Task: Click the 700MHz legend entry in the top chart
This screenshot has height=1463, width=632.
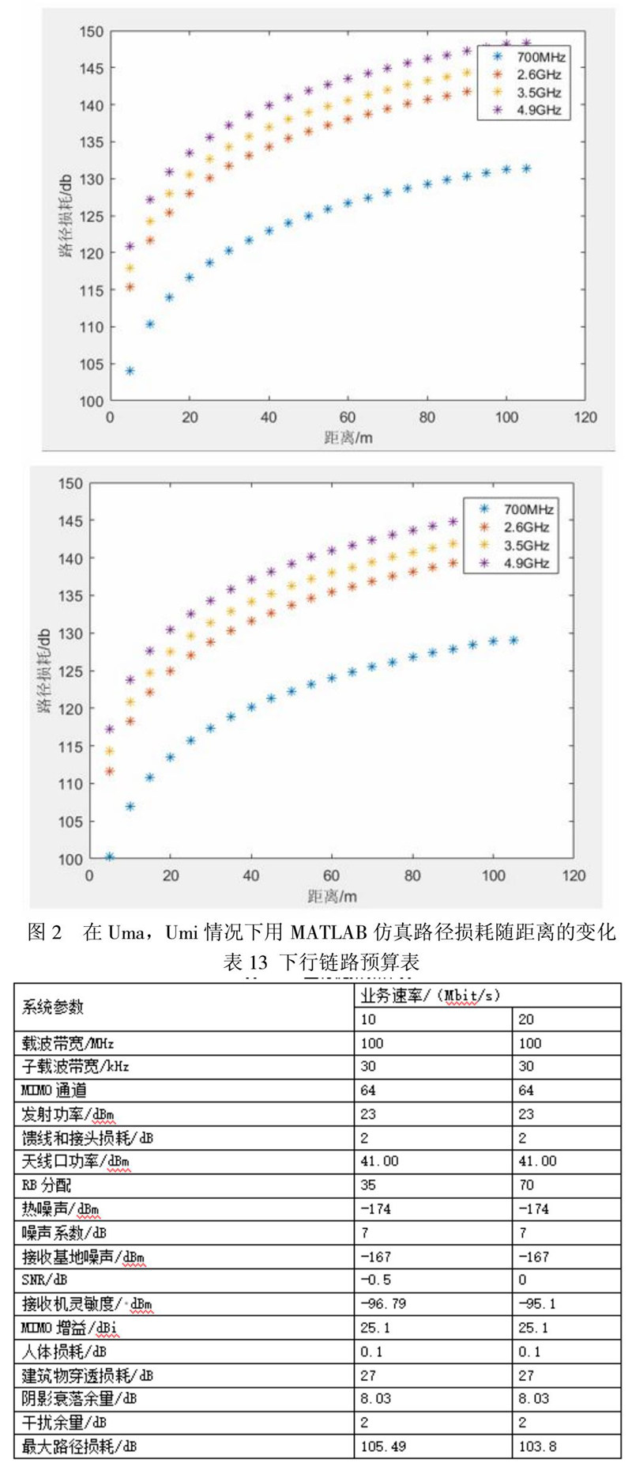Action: click(x=540, y=57)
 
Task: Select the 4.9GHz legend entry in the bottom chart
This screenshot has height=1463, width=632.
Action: click(x=526, y=563)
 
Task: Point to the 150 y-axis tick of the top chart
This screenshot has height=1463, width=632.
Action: click(x=92, y=32)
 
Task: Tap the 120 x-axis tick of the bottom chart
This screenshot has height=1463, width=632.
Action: click(x=574, y=875)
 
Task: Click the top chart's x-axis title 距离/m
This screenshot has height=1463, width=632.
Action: click(x=348, y=437)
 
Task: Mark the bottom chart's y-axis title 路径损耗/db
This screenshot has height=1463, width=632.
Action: click(x=43, y=671)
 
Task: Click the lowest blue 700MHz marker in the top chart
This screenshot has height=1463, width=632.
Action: click(x=130, y=370)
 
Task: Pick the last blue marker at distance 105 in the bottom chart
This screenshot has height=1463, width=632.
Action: click(x=513, y=641)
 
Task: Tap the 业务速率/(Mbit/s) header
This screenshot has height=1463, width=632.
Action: click(x=431, y=995)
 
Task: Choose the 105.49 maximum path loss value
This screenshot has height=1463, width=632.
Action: click(x=383, y=1446)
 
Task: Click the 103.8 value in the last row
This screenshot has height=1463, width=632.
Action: click(x=537, y=1446)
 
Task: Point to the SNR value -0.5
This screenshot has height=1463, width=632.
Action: click(x=376, y=1280)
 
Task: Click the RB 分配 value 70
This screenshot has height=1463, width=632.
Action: click(x=527, y=1185)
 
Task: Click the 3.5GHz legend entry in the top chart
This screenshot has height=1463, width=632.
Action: click(x=539, y=93)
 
